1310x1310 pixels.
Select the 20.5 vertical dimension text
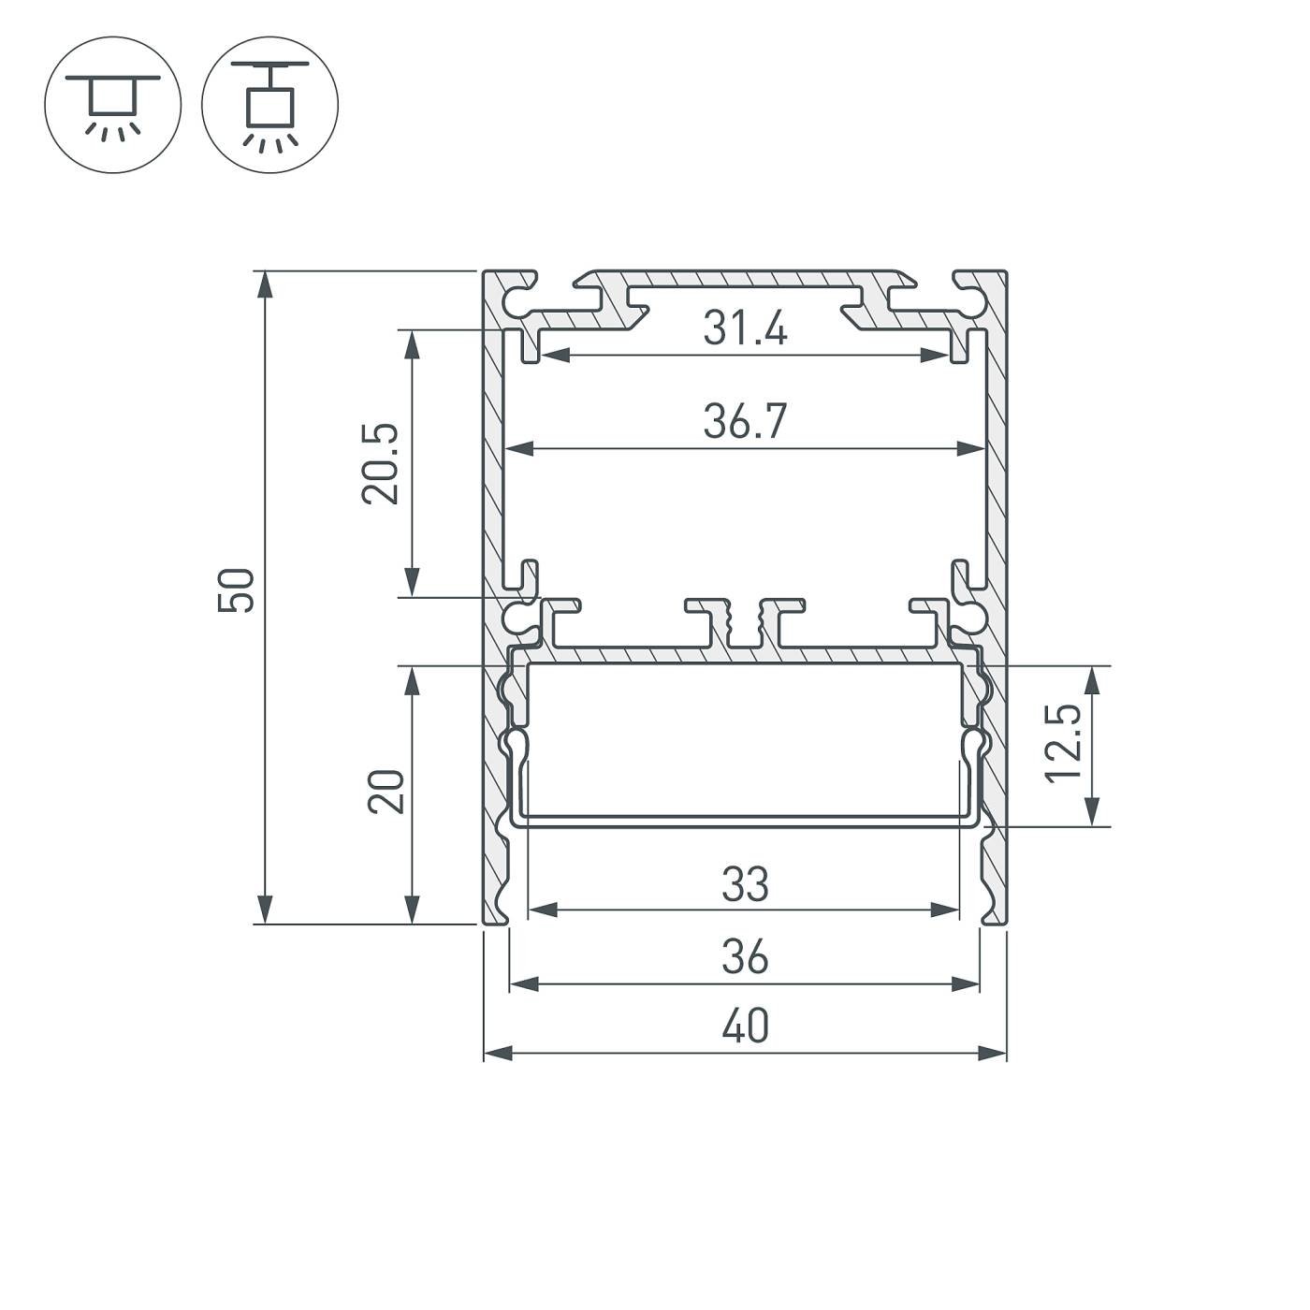[x=381, y=464]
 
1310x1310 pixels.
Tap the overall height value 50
[x=236, y=590]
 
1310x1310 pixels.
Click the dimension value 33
[x=746, y=884]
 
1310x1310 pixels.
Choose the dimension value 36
[x=746, y=958]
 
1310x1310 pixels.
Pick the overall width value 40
[x=746, y=1027]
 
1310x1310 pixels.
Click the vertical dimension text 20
[x=386, y=792]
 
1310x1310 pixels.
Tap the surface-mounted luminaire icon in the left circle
[x=112, y=105]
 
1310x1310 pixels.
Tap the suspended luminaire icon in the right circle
[x=270, y=105]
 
